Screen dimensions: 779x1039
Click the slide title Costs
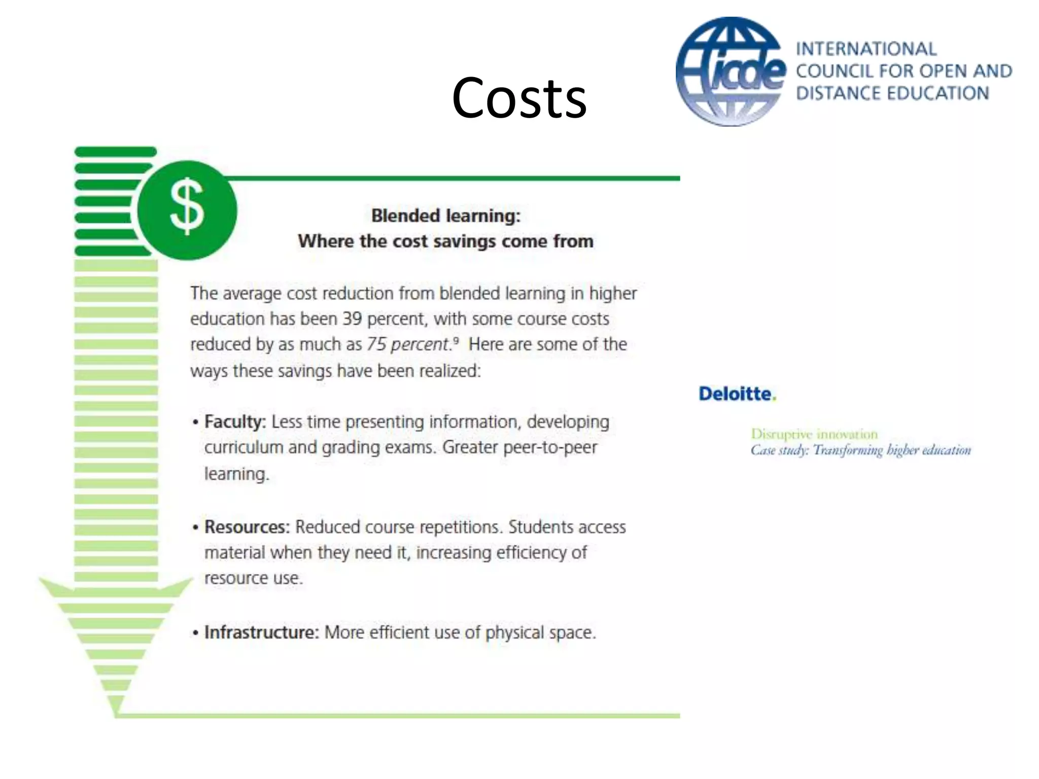click(x=519, y=98)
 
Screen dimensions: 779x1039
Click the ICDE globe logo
click(x=731, y=72)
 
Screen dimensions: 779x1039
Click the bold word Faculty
click(x=234, y=421)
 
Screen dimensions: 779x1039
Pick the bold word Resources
click(x=247, y=527)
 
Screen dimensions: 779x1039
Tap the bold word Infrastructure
click(x=261, y=632)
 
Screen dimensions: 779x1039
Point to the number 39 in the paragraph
click(x=352, y=319)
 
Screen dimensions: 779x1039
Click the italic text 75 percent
click(x=409, y=345)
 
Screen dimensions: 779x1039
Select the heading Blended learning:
click(x=446, y=216)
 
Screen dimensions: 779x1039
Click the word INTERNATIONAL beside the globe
click(x=866, y=49)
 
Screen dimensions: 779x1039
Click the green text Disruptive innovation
click(x=814, y=434)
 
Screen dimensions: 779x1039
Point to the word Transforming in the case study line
click(x=848, y=450)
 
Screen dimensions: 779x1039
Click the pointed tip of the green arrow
click(x=116, y=713)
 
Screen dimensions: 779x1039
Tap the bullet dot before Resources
click(x=195, y=528)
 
